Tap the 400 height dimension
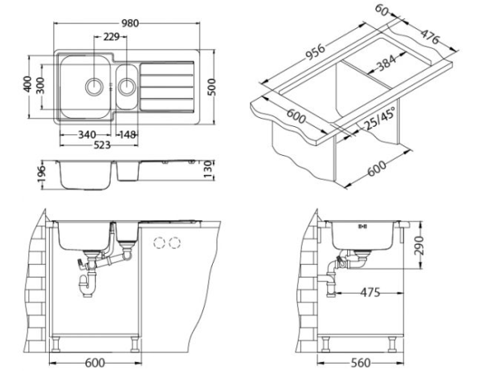[28, 84]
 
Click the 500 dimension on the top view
[213, 86]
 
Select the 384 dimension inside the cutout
[388, 67]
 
